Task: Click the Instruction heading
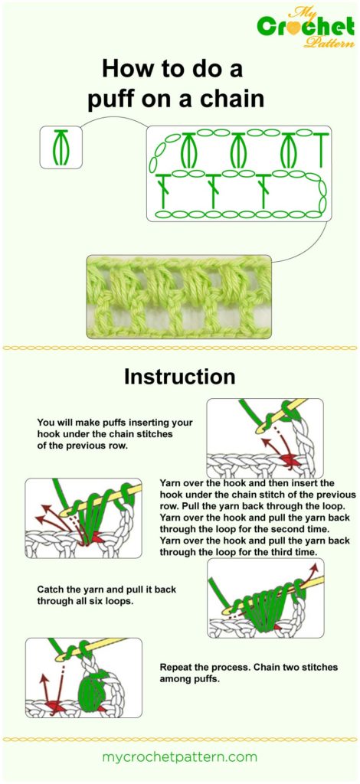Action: [179, 377]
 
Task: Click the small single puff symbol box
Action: [61, 147]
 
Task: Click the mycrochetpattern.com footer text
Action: [179, 756]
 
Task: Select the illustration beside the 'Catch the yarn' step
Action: [265, 599]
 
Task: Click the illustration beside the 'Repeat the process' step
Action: [83, 678]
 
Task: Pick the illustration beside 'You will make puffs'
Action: [264, 438]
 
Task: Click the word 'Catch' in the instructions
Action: [52, 590]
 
